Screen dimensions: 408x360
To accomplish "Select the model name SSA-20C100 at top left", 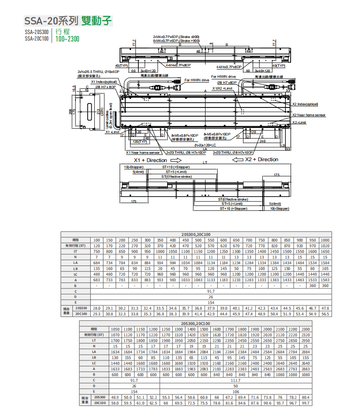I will pos(36,38).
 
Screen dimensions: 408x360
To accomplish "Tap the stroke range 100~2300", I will pos(67,38).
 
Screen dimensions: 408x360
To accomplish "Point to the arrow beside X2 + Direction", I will pos(238,159).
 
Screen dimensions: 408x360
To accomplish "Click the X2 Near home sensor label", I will pos(309,115).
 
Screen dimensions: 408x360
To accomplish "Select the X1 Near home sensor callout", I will pos(143,153).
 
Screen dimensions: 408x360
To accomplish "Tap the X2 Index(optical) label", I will pos(305,104).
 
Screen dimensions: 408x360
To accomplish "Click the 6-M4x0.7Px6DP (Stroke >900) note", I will pos(176,40).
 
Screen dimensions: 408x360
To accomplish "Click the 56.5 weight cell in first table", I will pos(325,314).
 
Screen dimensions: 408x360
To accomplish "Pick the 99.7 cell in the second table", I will pos(305,403).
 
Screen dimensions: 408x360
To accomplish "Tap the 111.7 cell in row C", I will pos(235,380).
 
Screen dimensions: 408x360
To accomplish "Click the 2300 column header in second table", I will pos(305,329).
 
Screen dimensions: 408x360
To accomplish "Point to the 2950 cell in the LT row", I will pos(305,340).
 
